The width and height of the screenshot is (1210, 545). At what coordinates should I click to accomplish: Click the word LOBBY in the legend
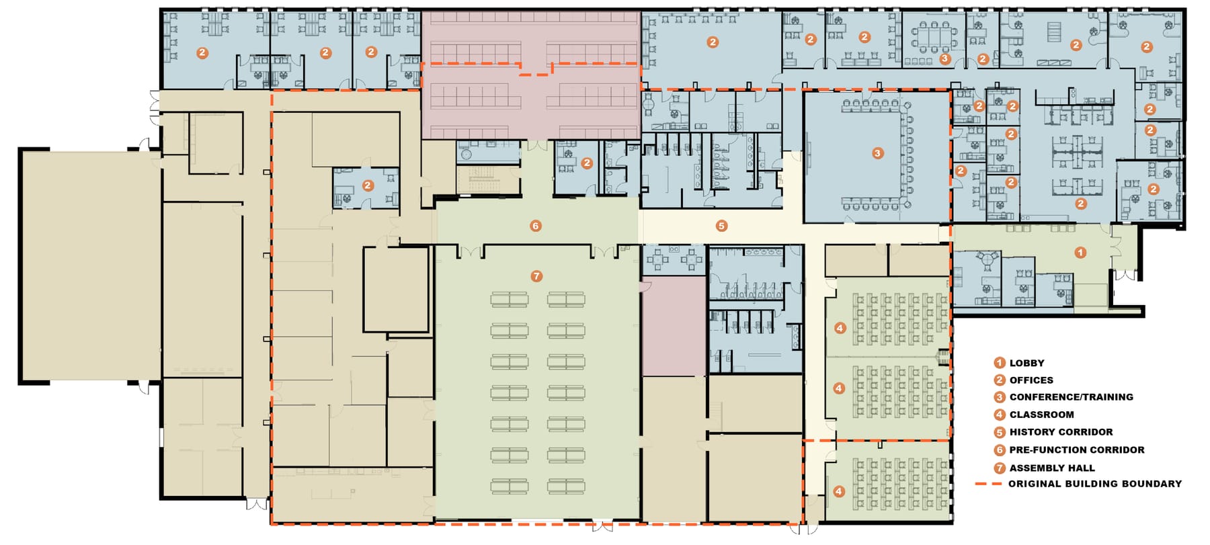[x=1026, y=363]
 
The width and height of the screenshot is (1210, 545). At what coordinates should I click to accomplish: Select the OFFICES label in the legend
[x=1031, y=380]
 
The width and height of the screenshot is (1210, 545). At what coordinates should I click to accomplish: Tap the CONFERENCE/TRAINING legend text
[x=1071, y=397]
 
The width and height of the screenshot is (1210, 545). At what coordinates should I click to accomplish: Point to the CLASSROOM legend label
[x=1041, y=415]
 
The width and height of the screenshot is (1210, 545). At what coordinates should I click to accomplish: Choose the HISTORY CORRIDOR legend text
[x=1061, y=432]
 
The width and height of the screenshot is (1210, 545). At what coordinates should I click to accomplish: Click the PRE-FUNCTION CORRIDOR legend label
[x=1076, y=450]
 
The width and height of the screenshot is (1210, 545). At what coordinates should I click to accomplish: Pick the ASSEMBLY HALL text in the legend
[x=1052, y=468]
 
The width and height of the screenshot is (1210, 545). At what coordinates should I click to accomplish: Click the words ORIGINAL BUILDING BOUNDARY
[x=1094, y=484]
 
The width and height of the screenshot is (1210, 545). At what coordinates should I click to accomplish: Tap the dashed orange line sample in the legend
[x=987, y=484]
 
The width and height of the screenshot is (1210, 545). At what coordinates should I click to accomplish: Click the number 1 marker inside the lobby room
[x=1080, y=253]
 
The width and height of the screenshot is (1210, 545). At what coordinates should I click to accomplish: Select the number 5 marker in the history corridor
[x=721, y=226]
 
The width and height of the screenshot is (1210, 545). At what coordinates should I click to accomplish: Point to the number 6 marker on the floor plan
[x=536, y=226]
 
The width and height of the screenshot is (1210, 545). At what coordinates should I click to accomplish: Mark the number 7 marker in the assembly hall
[x=536, y=276]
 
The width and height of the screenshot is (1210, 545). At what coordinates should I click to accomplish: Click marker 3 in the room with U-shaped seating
[x=877, y=153]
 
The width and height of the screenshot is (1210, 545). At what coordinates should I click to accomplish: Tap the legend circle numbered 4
[x=1000, y=415]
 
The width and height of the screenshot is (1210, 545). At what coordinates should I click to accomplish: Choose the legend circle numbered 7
[x=1000, y=468]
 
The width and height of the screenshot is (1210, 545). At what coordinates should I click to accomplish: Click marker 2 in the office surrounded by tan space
[x=367, y=185]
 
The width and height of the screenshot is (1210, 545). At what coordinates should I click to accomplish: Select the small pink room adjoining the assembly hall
[x=673, y=327]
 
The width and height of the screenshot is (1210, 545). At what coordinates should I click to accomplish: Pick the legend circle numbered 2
[x=1000, y=380]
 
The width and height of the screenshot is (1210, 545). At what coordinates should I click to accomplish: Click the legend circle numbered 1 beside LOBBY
[x=1000, y=363]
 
